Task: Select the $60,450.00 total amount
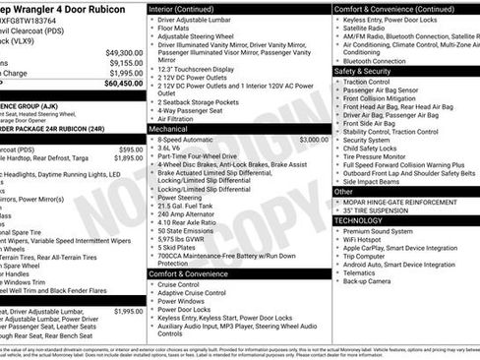click(124, 83)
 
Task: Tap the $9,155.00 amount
click(126, 63)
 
